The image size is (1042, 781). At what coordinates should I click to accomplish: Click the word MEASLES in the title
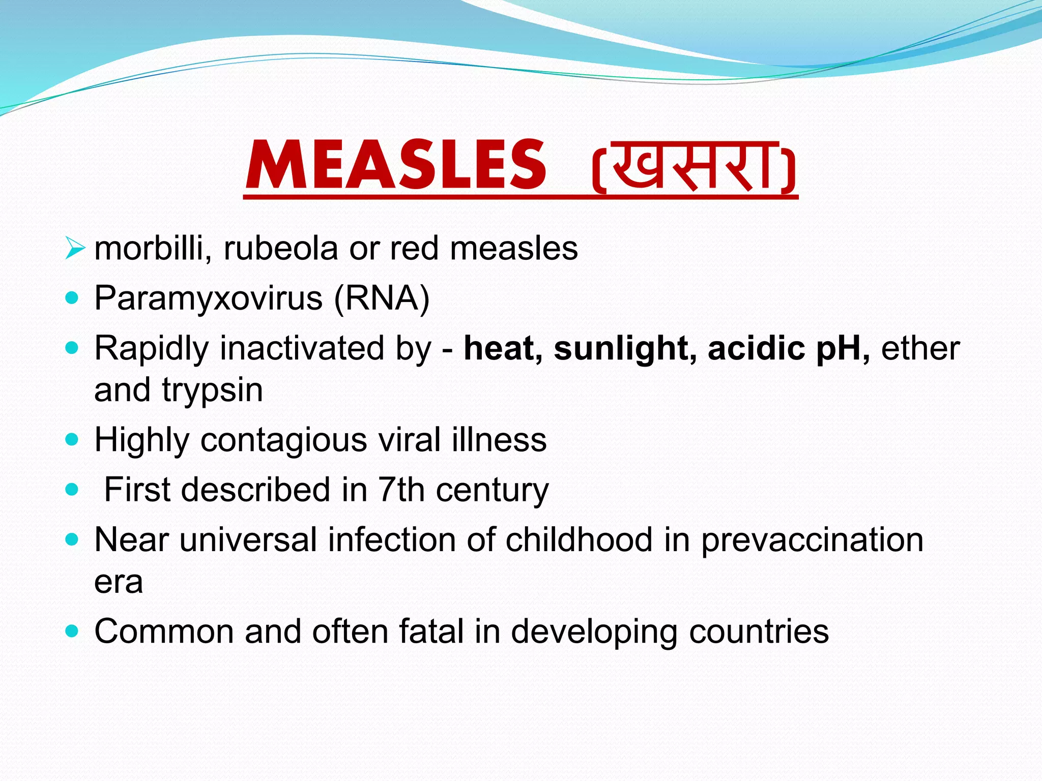pos(396,166)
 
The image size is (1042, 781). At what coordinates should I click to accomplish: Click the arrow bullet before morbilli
pos(74,249)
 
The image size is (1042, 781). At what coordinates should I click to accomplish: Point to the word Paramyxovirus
pos(208,298)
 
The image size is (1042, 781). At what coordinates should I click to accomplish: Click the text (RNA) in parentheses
pos(382,298)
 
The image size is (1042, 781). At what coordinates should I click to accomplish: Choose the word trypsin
pos(213,390)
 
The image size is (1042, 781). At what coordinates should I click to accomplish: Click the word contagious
pos(283,440)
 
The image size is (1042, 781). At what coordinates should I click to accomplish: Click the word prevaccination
pos(813,540)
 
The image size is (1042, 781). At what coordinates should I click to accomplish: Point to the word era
pos(119,582)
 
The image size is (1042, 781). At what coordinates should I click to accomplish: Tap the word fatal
pos(431,632)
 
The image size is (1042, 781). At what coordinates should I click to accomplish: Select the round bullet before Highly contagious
pos(72,439)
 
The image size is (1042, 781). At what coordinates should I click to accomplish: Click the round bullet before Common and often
pos(72,631)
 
